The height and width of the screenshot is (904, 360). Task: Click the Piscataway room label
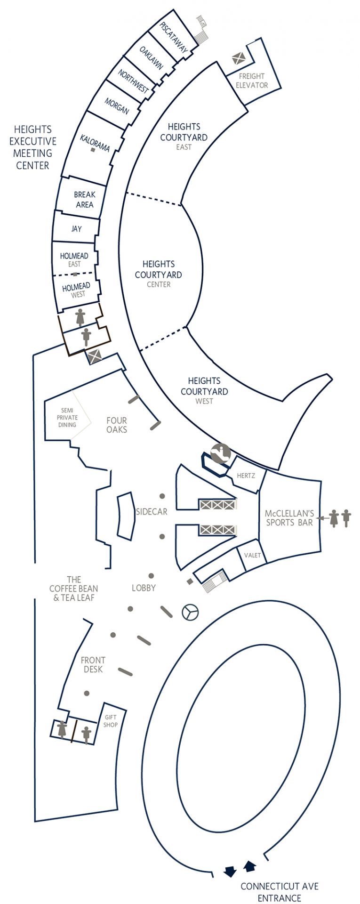coord(174,37)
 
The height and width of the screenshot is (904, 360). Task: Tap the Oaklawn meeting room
coord(152,58)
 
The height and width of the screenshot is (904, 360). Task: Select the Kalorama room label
coord(95,143)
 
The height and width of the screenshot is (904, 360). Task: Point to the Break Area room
coord(84,200)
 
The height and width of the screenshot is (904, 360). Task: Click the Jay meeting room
coord(76,229)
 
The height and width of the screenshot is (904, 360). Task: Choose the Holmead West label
coord(76,290)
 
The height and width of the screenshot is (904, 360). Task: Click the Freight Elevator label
coord(252,81)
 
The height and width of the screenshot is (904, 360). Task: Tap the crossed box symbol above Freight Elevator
coord(238,59)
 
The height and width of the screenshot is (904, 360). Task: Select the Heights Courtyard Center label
coord(159,274)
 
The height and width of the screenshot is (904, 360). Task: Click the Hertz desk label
coord(246,476)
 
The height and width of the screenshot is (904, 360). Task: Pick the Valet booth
coord(252,555)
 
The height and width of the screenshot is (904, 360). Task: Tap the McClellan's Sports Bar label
coord(289,517)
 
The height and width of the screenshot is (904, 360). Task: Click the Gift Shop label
coord(111,721)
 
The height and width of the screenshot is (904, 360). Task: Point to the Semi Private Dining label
coord(67,418)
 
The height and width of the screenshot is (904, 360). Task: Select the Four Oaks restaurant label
coord(117,425)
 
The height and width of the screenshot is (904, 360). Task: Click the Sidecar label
coord(152,512)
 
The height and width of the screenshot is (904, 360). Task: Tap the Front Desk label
coord(93,664)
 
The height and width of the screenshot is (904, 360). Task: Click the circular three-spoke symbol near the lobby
coord(190,612)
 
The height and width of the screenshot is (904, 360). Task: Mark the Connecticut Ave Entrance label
coord(280,892)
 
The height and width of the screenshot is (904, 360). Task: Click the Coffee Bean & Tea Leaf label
coord(74,589)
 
